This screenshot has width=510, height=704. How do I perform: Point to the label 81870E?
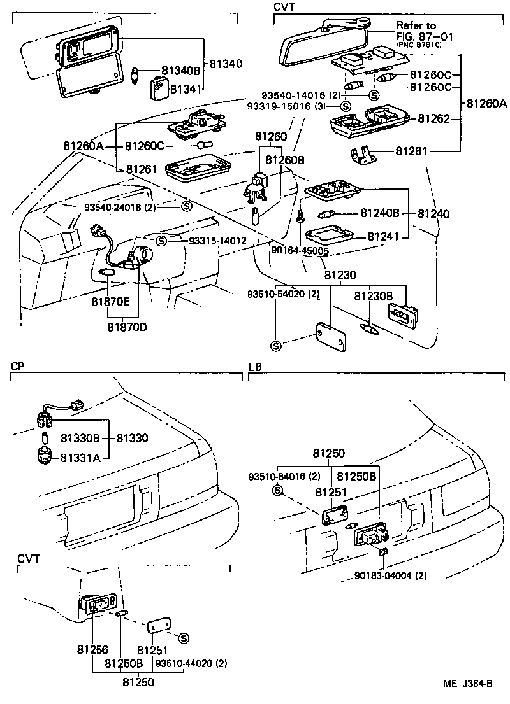click(110, 303)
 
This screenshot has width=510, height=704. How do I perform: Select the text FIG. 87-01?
click(421, 36)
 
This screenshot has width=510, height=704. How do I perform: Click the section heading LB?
click(254, 367)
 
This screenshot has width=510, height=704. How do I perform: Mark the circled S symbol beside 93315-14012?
click(162, 241)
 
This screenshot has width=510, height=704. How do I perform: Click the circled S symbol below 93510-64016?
click(277, 489)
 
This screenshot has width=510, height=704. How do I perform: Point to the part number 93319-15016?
click(294, 106)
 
